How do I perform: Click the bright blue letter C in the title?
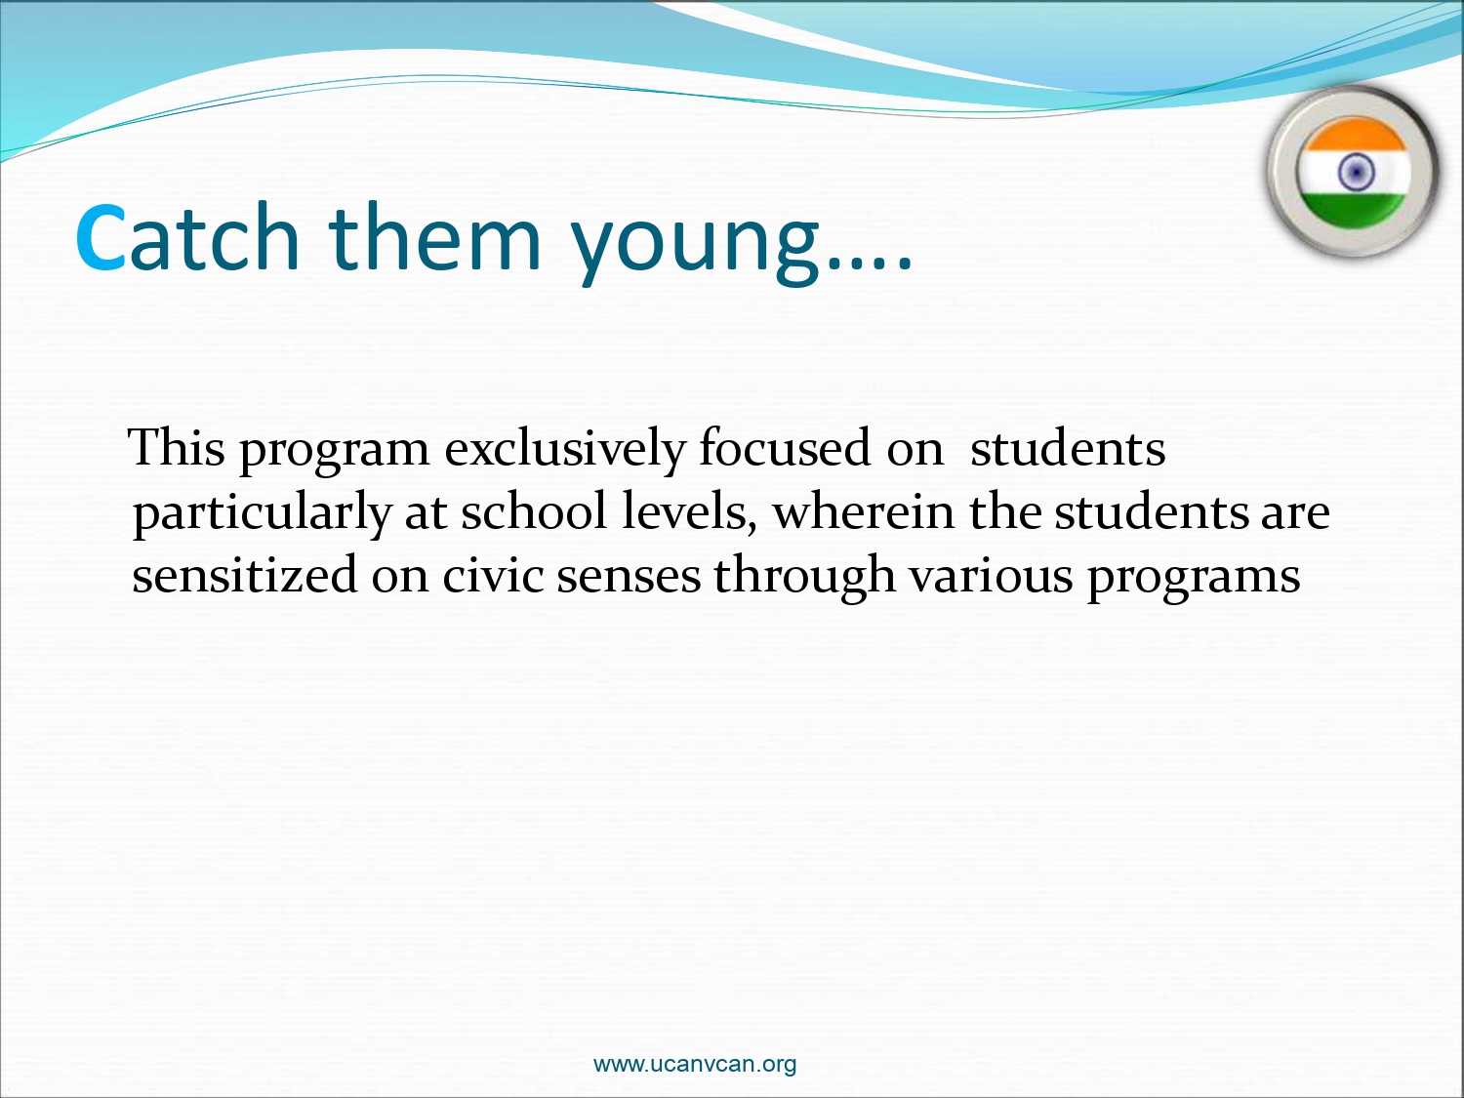click(101, 237)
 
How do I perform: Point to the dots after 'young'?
click(870, 264)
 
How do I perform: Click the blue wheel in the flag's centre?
click(1356, 172)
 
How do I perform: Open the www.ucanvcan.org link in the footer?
click(695, 1064)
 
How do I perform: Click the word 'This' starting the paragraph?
click(176, 447)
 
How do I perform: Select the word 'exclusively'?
click(565, 450)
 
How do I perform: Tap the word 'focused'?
click(785, 447)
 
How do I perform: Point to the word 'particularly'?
click(263, 514)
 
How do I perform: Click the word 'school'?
click(534, 510)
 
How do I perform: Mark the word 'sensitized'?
click(245, 575)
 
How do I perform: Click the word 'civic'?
click(492, 575)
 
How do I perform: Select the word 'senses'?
click(629, 579)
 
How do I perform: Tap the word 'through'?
click(804, 578)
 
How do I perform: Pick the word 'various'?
click(991, 575)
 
